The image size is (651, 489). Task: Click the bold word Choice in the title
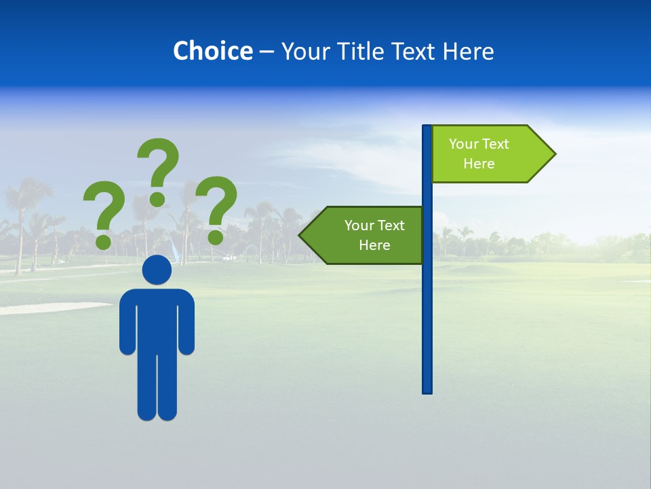click(212, 51)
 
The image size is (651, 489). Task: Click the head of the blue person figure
click(157, 270)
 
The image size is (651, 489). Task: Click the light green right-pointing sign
click(485, 154)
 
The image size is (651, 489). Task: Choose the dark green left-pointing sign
click(366, 235)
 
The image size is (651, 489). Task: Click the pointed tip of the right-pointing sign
click(554, 154)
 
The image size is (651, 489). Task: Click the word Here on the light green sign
click(479, 164)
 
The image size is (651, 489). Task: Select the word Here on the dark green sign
click(374, 245)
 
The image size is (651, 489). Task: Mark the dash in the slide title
click(267, 52)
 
